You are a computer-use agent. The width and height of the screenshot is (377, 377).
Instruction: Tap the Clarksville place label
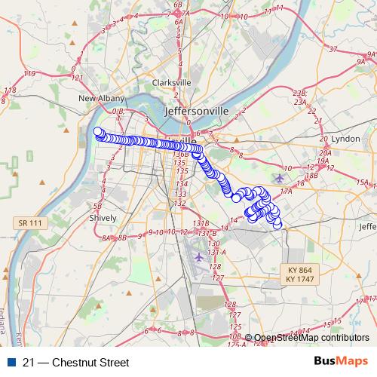173,82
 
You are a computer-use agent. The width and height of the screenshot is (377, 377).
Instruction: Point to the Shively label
103,217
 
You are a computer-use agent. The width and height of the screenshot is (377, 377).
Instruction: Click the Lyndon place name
345,139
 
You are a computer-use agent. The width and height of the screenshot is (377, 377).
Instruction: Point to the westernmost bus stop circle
97,132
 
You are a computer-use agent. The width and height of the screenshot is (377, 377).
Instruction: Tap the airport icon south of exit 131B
198,256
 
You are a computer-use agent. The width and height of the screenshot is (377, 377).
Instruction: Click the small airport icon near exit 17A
279,178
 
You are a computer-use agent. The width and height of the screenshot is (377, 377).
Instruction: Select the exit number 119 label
29,73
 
